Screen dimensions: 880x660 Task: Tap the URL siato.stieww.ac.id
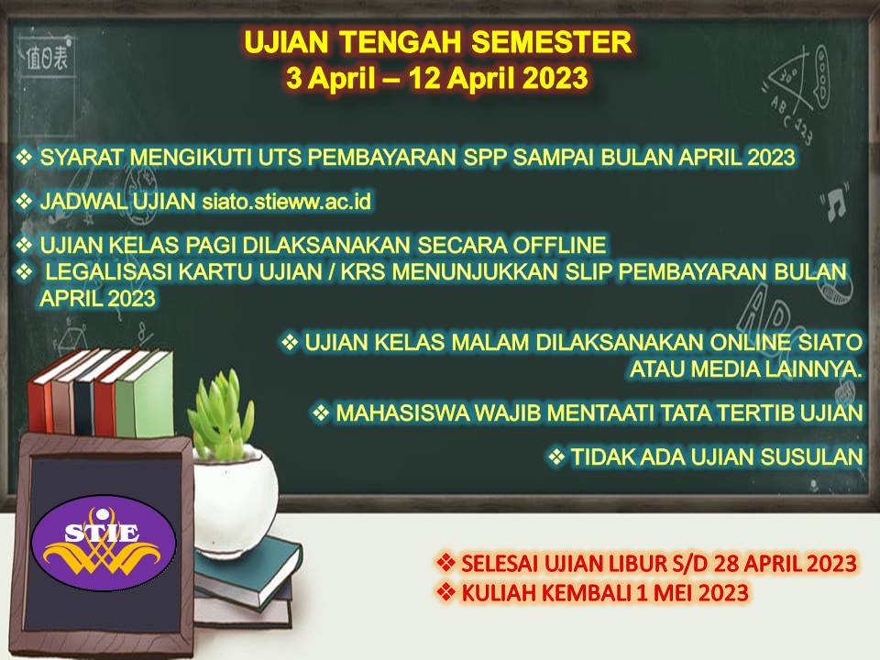[x=286, y=201]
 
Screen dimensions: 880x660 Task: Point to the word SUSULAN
[x=811, y=456]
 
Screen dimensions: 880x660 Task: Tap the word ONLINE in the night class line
[x=751, y=342]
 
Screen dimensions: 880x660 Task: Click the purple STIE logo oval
[x=104, y=542]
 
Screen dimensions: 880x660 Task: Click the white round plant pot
[x=235, y=500]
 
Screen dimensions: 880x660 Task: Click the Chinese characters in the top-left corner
[x=47, y=57]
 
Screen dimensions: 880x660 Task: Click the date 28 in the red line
[x=726, y=564]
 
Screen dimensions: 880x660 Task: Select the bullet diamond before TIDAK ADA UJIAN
[x=556, y=456]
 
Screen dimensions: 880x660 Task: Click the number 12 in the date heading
[x=424, y=78]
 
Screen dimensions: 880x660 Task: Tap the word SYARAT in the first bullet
[x=81, y=157]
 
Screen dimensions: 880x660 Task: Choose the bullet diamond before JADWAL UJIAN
[x=24, y=201]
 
